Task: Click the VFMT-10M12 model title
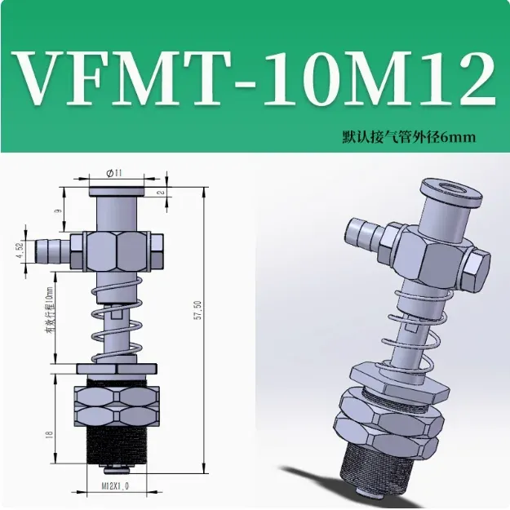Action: click(x=255, y=78)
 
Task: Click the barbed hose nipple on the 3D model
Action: click(x=363, y=233)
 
